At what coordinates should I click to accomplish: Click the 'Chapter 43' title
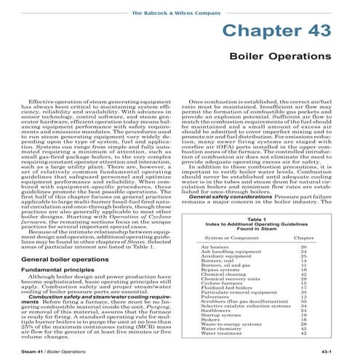click(x=284, y=33)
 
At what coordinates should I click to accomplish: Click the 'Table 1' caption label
click(x=257, y=219)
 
